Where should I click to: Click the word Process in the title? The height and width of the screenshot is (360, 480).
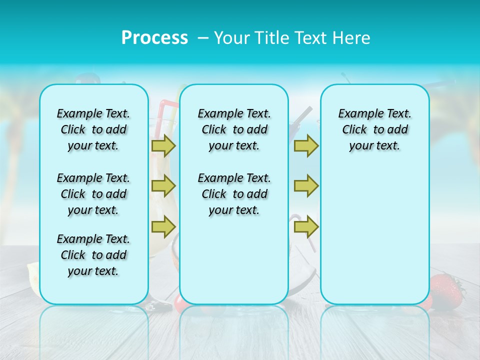pos(154,38)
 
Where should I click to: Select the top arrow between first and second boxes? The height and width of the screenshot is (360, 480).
pos(163,145)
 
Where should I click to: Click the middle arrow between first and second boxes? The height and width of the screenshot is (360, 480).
pos(163,186)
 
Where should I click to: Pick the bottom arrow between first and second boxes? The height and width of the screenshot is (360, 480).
pos(163,227)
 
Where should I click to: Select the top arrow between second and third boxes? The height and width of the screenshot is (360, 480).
pos(306,145)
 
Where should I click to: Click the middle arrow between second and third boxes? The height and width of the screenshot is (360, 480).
pos(306,186)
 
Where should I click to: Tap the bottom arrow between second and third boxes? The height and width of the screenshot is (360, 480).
pos(306,227)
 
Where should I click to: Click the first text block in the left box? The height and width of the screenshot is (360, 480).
pos(93,129)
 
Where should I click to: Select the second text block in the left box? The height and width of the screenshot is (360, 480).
pos(93,194)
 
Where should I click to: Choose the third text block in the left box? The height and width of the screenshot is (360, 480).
pos(93,255)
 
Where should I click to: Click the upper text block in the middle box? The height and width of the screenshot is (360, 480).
pos(234,129)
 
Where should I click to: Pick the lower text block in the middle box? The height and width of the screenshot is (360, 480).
pos(234,194)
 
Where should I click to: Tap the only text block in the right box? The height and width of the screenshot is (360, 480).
pos(374,129)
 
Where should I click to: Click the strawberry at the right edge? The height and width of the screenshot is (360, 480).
pos(445,290)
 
